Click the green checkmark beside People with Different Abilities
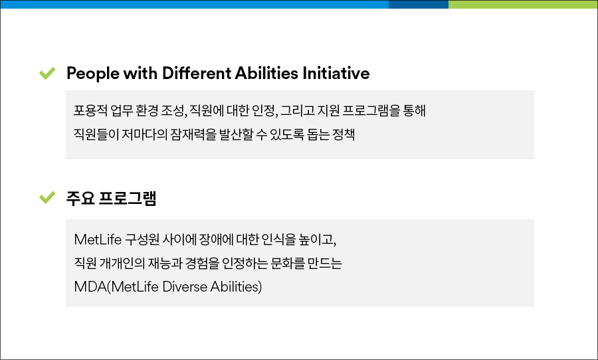pos(47,73)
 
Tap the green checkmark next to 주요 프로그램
pos(47,197)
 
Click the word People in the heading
pos(92,74)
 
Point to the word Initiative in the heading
pos(336,73)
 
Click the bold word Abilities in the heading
pos(266,73)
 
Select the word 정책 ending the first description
pos(344,134)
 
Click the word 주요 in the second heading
pos(80,199)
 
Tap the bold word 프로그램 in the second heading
pos(128,199)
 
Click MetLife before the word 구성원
pos(98,240)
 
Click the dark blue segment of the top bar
pos(419,4)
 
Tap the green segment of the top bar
pos(523,4)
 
